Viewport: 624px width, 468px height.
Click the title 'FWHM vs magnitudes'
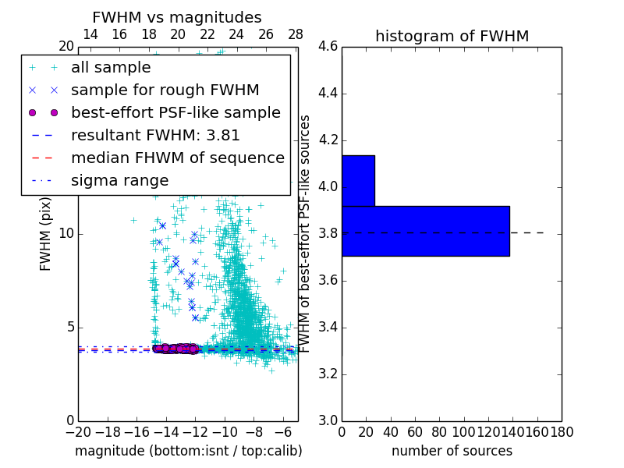coord(177,17)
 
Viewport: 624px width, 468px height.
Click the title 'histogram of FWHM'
coord(452,36)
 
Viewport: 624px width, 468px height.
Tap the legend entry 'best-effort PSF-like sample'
coord(175,113)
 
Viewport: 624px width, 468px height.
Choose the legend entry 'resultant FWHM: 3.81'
coord(155,136)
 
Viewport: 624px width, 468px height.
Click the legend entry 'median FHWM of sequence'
coord(177,158)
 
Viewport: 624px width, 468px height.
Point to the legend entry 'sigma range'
coord(119,181)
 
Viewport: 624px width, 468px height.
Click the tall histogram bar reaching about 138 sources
coord(425,231)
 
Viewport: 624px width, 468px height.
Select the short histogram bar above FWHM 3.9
coord(358,180)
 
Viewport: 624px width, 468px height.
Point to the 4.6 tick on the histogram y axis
coord(328,47)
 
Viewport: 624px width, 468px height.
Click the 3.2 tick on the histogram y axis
coord(328,374)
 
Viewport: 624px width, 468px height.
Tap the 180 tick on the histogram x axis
coord(562,431)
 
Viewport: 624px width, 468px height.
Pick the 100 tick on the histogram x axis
coord(464,431)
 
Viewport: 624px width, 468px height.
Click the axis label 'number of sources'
coord(452,451)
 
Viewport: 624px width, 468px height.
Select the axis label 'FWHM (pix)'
coord(46,233)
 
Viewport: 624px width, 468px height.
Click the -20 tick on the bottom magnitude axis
coord(78,431)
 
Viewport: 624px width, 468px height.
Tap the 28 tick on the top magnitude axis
coord(296,34)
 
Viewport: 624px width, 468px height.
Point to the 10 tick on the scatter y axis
coord(67,234)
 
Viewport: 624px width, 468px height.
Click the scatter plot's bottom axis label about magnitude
coord(188,451)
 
